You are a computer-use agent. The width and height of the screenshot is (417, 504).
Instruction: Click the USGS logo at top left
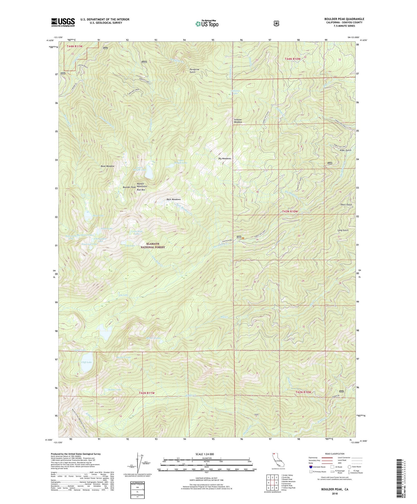click(x=63, y=22)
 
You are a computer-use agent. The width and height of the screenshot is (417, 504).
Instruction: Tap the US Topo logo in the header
click(x=207, y=24)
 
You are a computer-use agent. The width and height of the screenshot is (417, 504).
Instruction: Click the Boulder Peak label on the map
click(x=129, y=187)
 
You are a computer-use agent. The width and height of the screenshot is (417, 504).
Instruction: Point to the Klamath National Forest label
click(x=153, y=245)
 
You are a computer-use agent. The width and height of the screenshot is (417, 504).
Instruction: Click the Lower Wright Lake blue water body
click(x=148, y=174)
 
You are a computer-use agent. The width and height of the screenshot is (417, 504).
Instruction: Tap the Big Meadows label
click(x=225, y=158)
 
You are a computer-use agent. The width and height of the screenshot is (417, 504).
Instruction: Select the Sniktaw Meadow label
click(x=237, y=121)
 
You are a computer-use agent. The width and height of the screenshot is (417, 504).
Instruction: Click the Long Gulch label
click(x=343, y=230)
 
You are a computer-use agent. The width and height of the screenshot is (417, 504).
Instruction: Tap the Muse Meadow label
click(x=107, y=166)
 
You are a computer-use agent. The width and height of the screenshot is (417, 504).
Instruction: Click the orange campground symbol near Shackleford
click(x=243, y=238)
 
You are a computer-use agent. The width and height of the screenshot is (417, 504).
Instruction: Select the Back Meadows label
click(x=173, y=199)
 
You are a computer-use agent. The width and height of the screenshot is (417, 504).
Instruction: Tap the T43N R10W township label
click(x=288, y=212)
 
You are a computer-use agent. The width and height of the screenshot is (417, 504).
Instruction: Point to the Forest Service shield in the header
click(x=276, y=24)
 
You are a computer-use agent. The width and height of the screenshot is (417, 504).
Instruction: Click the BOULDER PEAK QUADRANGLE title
click(x=344, y=19)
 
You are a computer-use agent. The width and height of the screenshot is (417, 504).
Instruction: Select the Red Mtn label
click(x=141, y=190)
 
